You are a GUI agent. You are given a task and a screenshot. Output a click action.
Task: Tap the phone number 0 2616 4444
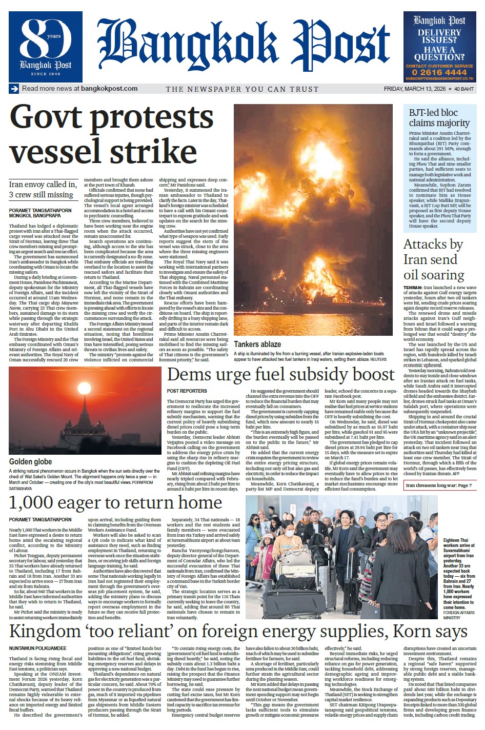[x=439, y=72]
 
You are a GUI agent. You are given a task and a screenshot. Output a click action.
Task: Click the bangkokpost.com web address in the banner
[x=109, y=88]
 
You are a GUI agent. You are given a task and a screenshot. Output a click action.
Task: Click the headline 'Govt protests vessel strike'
[x=111, y=134]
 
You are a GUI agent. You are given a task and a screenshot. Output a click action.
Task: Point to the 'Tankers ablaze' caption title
[x=257, y=344]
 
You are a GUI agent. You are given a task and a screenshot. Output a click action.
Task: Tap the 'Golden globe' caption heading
[x=31, y=462]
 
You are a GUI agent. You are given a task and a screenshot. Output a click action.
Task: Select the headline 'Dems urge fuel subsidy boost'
[x=280, y=375]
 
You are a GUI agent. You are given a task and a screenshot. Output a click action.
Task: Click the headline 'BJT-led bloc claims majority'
[x=439, y=117]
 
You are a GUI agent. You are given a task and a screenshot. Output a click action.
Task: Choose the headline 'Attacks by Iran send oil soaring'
[x=433, y=259]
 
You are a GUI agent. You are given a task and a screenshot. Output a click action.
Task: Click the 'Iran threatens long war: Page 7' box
[x=438, y=485]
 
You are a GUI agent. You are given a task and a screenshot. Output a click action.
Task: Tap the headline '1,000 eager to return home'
[x=115, y=503]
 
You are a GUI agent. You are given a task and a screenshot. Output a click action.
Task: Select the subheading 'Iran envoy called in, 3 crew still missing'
[x=43, y=189]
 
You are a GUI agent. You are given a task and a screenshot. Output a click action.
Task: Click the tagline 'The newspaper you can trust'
[x=242, y=89]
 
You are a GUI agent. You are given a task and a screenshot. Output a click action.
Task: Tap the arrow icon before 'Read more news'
[x=14, y=89]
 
